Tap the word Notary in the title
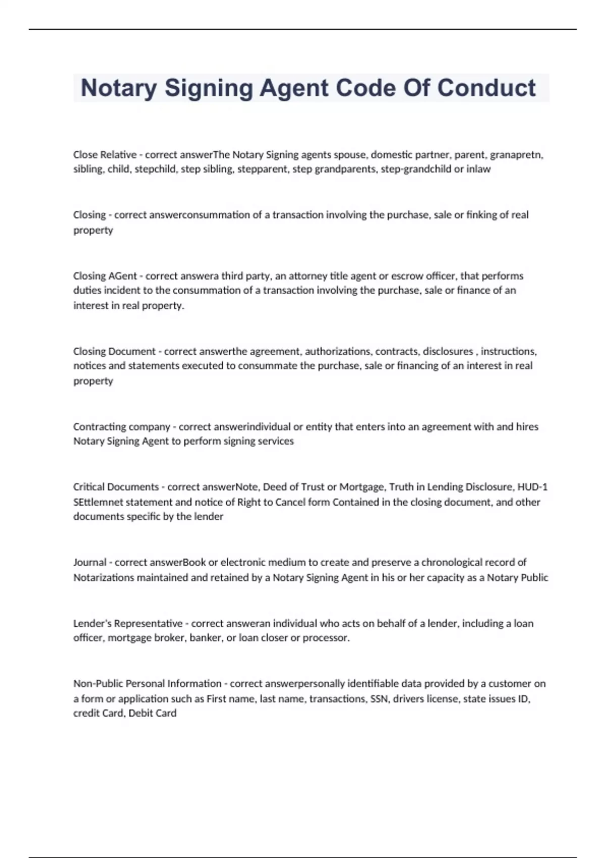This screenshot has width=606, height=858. (118, 88)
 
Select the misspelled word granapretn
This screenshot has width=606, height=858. (516, 154)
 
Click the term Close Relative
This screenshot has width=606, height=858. (105, 154)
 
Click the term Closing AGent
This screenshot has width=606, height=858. (105, 276)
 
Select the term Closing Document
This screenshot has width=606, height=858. (114, 351)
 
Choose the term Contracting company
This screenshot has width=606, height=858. (121, 427)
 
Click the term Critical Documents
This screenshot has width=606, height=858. (116, 487)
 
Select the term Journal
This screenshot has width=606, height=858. (89, 562)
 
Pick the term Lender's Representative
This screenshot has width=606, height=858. (128, 623)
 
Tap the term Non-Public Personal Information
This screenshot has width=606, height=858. (147, 684)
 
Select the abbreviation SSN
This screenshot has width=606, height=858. (379, 699)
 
